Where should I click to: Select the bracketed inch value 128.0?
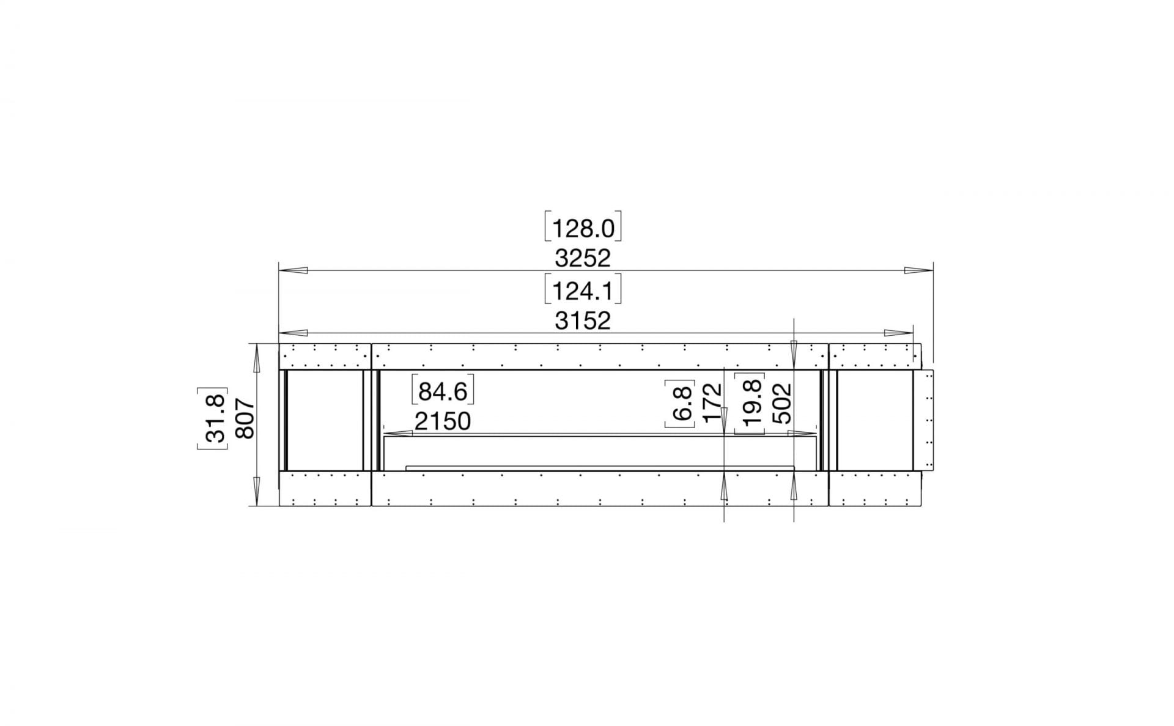(x=582, y=228)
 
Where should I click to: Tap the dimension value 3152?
(x=582, y=320)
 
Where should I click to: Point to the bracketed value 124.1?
(x=582, y=291)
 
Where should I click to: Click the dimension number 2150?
(x=443, y=421)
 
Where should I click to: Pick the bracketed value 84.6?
(x=443, y=391)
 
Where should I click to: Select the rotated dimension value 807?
(x=244, y=419)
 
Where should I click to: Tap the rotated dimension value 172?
(x=712, y=402)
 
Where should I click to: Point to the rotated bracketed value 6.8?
(x=681, y=402)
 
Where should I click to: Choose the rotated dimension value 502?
(x=782, y=403)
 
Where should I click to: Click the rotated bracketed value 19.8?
(x=750, y=403)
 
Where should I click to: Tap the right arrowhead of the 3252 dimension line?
(x=918, y=270)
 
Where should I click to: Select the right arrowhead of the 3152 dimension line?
(x=899, y=333)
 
